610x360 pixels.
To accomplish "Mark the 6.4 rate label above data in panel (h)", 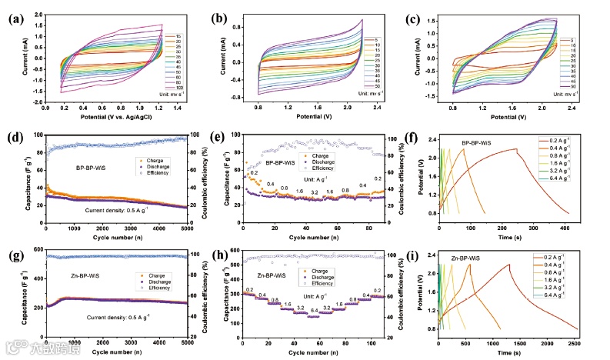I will point(313,310).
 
